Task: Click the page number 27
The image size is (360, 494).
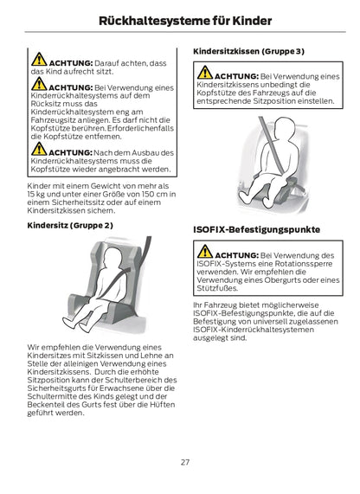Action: point(185,462)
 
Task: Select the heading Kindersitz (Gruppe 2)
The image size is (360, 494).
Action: point(70,226)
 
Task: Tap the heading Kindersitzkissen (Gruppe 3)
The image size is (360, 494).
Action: point(248,51)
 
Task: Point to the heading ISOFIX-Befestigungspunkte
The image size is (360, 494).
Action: point(257,229)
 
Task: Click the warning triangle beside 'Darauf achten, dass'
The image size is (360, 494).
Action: point(39,59)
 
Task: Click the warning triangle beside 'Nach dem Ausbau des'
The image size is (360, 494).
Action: point(39,149)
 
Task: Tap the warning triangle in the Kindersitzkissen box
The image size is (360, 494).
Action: point(205,73)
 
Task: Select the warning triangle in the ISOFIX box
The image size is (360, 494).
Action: point(205,252)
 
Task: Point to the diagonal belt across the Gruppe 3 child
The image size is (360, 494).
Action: point(272,144)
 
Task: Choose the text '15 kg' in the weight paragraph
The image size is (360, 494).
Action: point(35,195)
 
